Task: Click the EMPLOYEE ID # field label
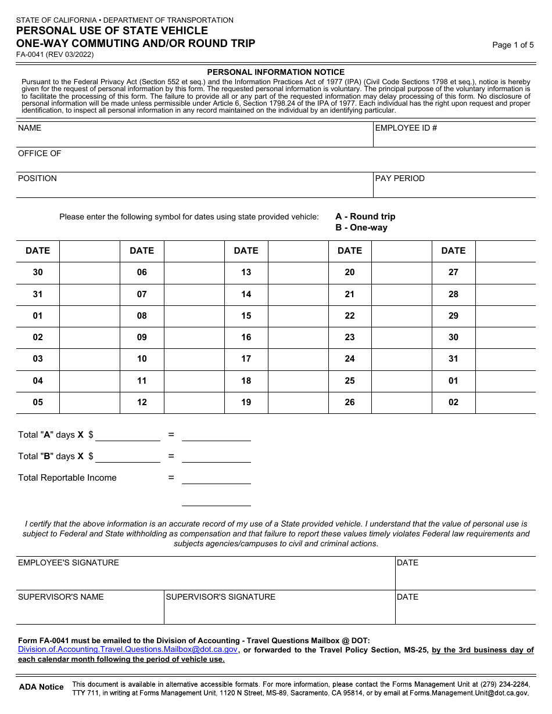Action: click(x=406, y=128)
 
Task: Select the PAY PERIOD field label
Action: click(x=400, y=178)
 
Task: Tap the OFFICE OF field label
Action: click(x=40, y=153)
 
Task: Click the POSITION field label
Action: click(x=37, y=178)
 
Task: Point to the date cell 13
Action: click(x=246, y=272)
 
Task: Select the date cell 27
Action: click(x=453, y=272)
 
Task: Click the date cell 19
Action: click(x=246, y=402)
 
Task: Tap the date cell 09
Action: click(x=142, y=337)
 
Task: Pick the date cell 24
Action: click(x=349, y=359)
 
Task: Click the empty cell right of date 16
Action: click(x=298, y=337)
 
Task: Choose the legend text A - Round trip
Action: click(x=365, y=217)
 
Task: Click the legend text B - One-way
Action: click(x=361, y=228)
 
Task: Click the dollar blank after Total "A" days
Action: click(x=128, y=435)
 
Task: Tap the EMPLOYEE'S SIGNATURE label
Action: click(x=69, y=562)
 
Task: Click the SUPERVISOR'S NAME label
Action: click(x=61, y=597)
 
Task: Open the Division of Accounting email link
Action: click(x=127, y=650)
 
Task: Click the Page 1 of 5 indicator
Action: click(x=512, y=45)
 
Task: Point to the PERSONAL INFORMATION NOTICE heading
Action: click(x=276, y=72)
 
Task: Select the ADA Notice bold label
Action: click(x=41, y=687)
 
